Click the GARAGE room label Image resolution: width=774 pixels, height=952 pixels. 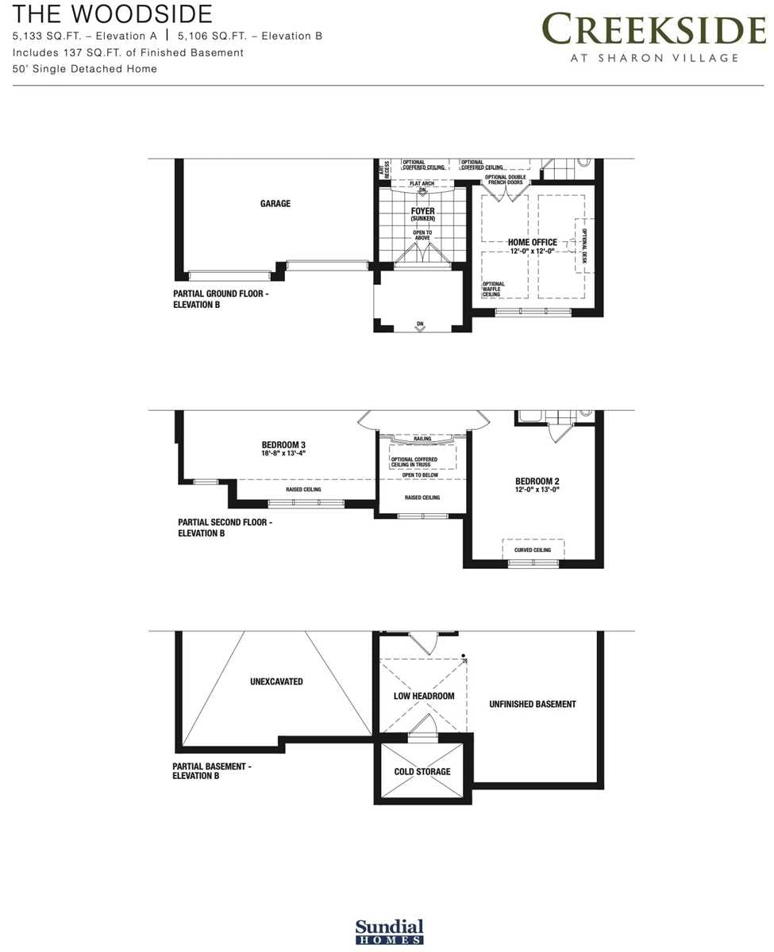click(x=275, y=204)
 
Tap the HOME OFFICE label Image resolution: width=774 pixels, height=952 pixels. click(x=532, y=243)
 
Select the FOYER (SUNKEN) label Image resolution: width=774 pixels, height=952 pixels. click(x=422, y=214)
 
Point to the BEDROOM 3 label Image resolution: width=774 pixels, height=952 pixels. click(x=283, y=445)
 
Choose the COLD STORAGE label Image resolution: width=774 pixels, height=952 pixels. click(x=422, y=772)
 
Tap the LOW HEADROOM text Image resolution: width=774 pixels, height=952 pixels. click(x=424, y=697)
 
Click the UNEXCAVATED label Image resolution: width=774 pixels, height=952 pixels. click(x=276, y=681)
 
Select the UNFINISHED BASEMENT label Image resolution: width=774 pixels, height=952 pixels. click(x=533, y=704)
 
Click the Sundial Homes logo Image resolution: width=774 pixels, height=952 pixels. click(x=389, y=931)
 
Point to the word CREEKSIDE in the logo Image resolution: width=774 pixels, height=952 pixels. click(x=653, y=31)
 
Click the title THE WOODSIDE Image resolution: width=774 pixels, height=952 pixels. click(x=113, y=13)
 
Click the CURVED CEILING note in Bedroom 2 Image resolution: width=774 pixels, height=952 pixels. click(x=533, y=550)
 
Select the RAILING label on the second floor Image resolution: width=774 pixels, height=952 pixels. click(x=422, y=437)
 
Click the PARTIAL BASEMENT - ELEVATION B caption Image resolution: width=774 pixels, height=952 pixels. click(x=212, y=771)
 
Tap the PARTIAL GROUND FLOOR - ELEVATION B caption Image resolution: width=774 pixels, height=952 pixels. click(x=221, y=298)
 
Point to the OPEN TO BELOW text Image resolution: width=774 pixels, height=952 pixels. click(x=420, y=475)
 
